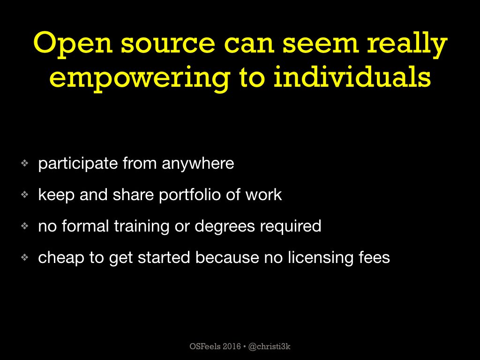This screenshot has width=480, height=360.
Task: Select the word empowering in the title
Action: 140,78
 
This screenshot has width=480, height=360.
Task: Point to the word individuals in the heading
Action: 352,76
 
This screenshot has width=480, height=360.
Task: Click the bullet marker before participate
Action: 24,163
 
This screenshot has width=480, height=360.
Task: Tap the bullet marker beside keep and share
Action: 24,195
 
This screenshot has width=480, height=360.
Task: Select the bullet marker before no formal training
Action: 24,226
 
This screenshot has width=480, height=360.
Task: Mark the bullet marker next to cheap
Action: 24,258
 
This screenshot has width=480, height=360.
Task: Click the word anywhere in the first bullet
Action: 198,164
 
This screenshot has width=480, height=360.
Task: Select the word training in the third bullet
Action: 142,227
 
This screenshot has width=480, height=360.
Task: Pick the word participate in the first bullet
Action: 78,164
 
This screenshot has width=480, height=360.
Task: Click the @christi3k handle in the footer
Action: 270,346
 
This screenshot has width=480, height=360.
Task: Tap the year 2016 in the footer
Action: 232,346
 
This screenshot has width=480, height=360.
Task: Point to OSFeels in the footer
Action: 205,346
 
